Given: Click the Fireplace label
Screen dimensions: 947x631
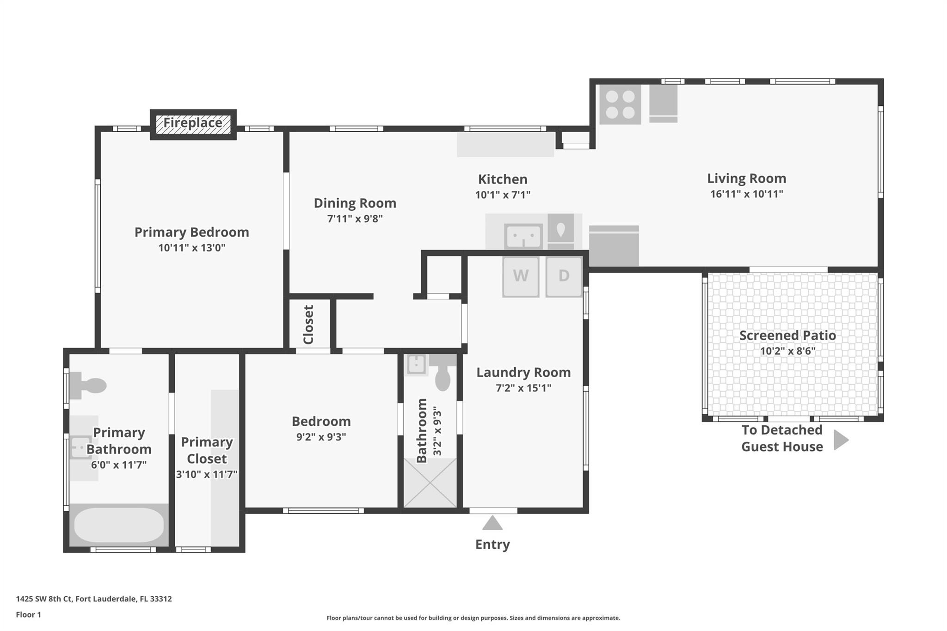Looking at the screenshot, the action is [193, 123].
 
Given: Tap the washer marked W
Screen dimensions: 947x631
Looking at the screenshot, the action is [521, 276].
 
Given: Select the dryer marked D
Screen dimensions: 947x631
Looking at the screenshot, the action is [564, 276].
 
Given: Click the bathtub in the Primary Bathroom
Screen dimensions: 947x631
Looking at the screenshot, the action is [119, 525].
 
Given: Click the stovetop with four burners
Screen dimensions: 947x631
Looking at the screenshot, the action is [620, 104].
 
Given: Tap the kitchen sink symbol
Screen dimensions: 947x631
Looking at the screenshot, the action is [523, 237].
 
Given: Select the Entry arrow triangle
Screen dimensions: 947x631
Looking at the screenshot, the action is [492, 523].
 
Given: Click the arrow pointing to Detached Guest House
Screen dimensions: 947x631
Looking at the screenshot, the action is [841, 440].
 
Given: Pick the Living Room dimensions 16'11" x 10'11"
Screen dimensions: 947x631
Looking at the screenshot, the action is [747, 194].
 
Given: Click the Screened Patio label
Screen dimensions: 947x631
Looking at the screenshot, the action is [787, 336].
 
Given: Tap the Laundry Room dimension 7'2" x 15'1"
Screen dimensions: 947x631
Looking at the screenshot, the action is [523, 388].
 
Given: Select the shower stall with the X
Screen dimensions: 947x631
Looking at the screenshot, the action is [430, 483].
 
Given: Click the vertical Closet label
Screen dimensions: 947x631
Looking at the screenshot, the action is [308, 325].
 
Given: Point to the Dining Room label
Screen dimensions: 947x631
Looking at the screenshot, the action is [355, 203].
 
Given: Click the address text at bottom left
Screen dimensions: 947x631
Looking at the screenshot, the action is [94, 599].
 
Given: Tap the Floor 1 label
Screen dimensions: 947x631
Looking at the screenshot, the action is [29, 615].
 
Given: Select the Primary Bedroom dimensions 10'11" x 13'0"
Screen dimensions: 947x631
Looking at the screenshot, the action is [192, 248].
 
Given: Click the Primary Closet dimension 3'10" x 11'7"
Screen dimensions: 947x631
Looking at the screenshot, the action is [207, 475].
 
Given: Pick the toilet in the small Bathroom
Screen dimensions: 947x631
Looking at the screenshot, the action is [442, 374].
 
